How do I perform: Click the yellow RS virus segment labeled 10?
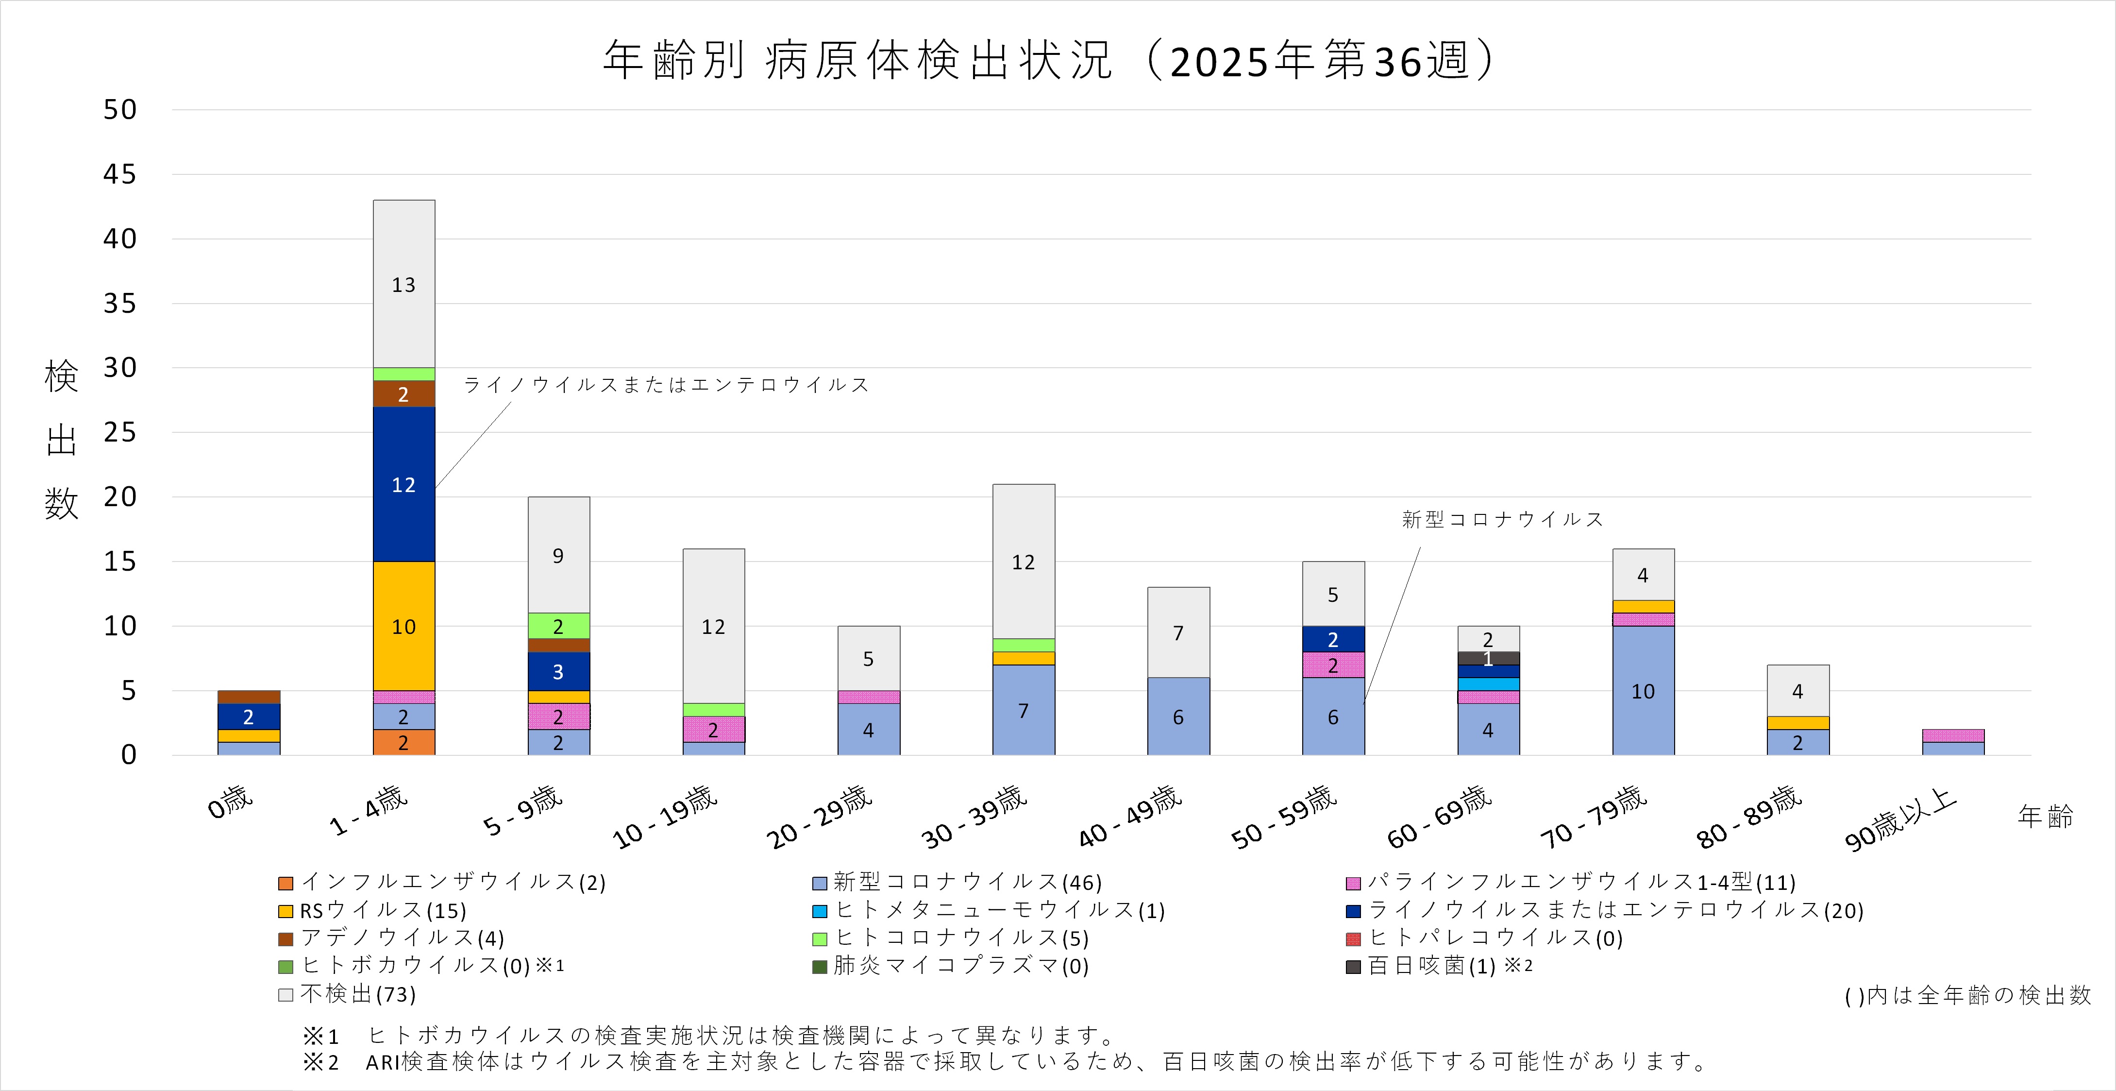tap(403, 626)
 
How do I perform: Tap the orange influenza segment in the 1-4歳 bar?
tap(403, 743)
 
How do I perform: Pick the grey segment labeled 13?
tap(403, 284)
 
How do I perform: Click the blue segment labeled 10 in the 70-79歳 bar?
tap(1643, 691)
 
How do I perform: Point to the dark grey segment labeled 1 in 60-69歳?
tap(1488, 658)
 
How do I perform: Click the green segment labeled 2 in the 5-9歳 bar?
tap(558, 626)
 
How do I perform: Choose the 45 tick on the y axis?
tap(120, 174)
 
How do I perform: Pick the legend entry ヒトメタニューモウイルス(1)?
tap(999, 910)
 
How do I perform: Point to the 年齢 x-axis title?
tap(2046, 816)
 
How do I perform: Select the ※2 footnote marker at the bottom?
tap(321, 1061)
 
